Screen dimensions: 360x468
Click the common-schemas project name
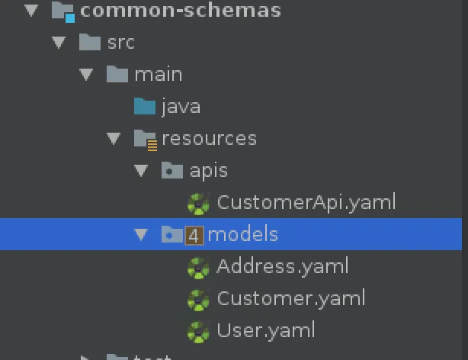point(180,11)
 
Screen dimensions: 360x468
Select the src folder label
point(120,42)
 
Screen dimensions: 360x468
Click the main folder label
point(158,75)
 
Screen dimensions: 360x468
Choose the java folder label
point(181,107)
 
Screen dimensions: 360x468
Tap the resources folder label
point(209,139)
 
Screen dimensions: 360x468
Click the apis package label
point(208,170)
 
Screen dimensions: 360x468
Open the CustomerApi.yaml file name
point(306,202)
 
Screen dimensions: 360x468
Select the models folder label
point(242,234)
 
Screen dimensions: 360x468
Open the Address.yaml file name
point(282,266)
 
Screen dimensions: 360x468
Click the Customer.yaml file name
point(290,298)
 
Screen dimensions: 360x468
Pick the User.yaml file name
point(265,330)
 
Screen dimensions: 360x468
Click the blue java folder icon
point(145,106)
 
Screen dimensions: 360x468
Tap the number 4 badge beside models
point(194,235)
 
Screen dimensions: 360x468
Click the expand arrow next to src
point(59,43)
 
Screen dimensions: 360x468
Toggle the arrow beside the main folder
point(86,75)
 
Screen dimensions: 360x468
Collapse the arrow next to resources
point(114,139)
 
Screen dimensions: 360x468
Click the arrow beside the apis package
point(141,171)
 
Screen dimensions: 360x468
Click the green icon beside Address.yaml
point(198,267)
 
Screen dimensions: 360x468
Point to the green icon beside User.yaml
point(198,331)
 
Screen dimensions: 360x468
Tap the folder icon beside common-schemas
point(62,11)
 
